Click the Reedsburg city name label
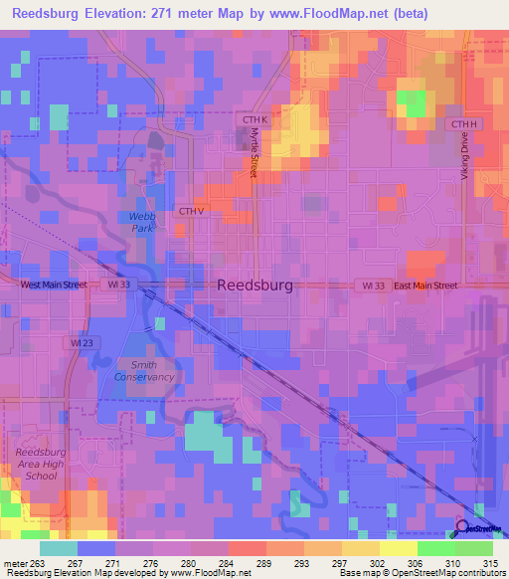pos(254,285)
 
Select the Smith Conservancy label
pos(144,370)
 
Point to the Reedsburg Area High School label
pos(41,464)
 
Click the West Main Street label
pos(55,285)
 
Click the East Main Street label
pos(424,286)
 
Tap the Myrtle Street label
pos(254,152)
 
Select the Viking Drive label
pos(463,157)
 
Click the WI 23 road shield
pos(83,342)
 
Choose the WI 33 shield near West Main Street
pos(120,285)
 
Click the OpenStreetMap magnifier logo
pos(461,527)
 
